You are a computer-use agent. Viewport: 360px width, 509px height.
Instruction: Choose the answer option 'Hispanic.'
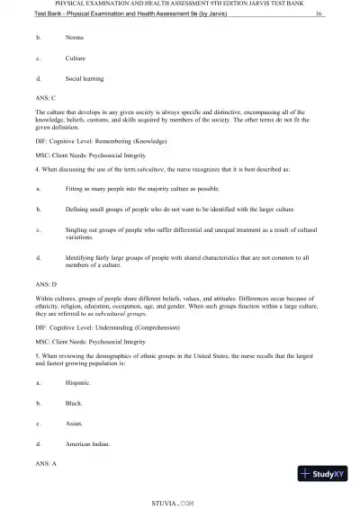[78, 383]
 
